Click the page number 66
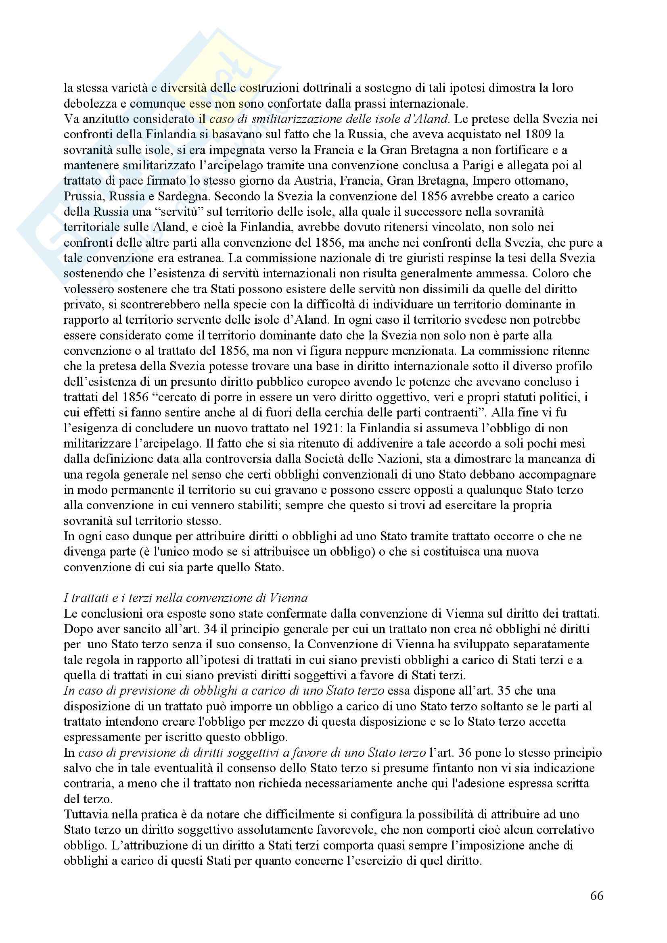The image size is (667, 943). coord(596,895)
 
